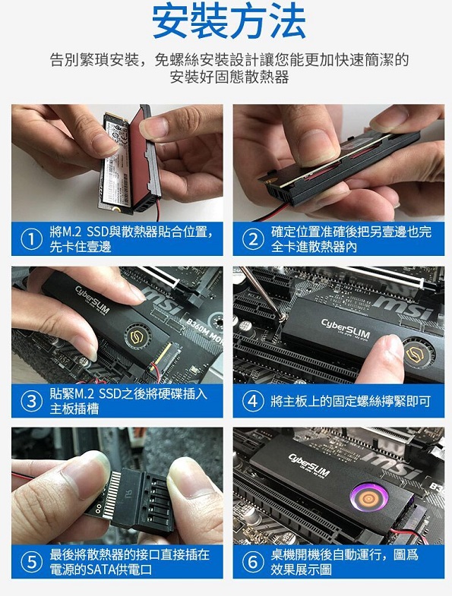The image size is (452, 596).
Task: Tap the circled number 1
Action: coord(30,239)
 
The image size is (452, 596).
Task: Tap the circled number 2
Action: coord(252,239)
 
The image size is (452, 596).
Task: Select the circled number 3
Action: coord(30,402)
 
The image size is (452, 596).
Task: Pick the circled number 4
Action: coord(252,401)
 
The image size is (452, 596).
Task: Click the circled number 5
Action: coord(30,562)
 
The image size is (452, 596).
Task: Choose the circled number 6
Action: coord(252,562)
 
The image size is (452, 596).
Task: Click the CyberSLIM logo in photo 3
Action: coord(92,301)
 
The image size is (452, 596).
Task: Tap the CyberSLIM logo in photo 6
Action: coord(309,461)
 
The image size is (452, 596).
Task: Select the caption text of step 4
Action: coord(350,401)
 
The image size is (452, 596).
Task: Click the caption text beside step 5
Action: coord(129,562)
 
